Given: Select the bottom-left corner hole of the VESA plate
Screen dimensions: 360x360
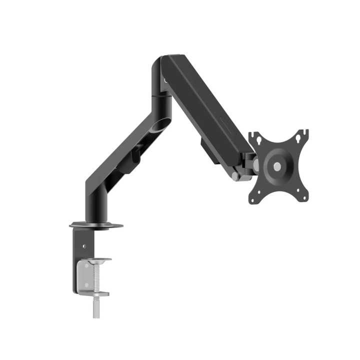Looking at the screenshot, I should pyautogui.click(x=256, y=199).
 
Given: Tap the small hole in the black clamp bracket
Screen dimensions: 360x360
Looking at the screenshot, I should pyautogui.click(x=84, y=246).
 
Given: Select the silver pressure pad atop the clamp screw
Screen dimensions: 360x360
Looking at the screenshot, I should pyautogui.click(x=96, y=261).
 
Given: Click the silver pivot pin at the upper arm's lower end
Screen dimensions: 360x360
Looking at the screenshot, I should pyautogui.click(x=235, y=176).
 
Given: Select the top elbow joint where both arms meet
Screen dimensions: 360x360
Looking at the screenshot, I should pyautogui.click(x=162, y=70).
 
